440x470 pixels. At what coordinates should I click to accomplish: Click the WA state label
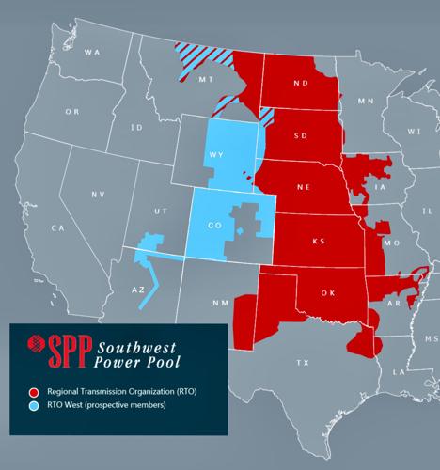coord(91,52)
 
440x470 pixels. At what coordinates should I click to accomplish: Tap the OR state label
coord(71,111)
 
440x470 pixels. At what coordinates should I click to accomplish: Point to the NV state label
coord(98,194)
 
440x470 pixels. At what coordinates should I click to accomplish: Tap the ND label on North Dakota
coord(301,83)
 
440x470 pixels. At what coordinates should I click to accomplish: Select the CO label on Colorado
coord(213,225)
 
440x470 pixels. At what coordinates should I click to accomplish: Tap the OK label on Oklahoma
coord(327,292)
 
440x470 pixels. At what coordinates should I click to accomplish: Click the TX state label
coord(303,361)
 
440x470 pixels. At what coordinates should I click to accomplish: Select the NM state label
coord(220,303)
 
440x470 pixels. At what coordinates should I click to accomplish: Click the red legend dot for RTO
coord(34,390)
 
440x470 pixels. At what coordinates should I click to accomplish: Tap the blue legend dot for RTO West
coord(34,406)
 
